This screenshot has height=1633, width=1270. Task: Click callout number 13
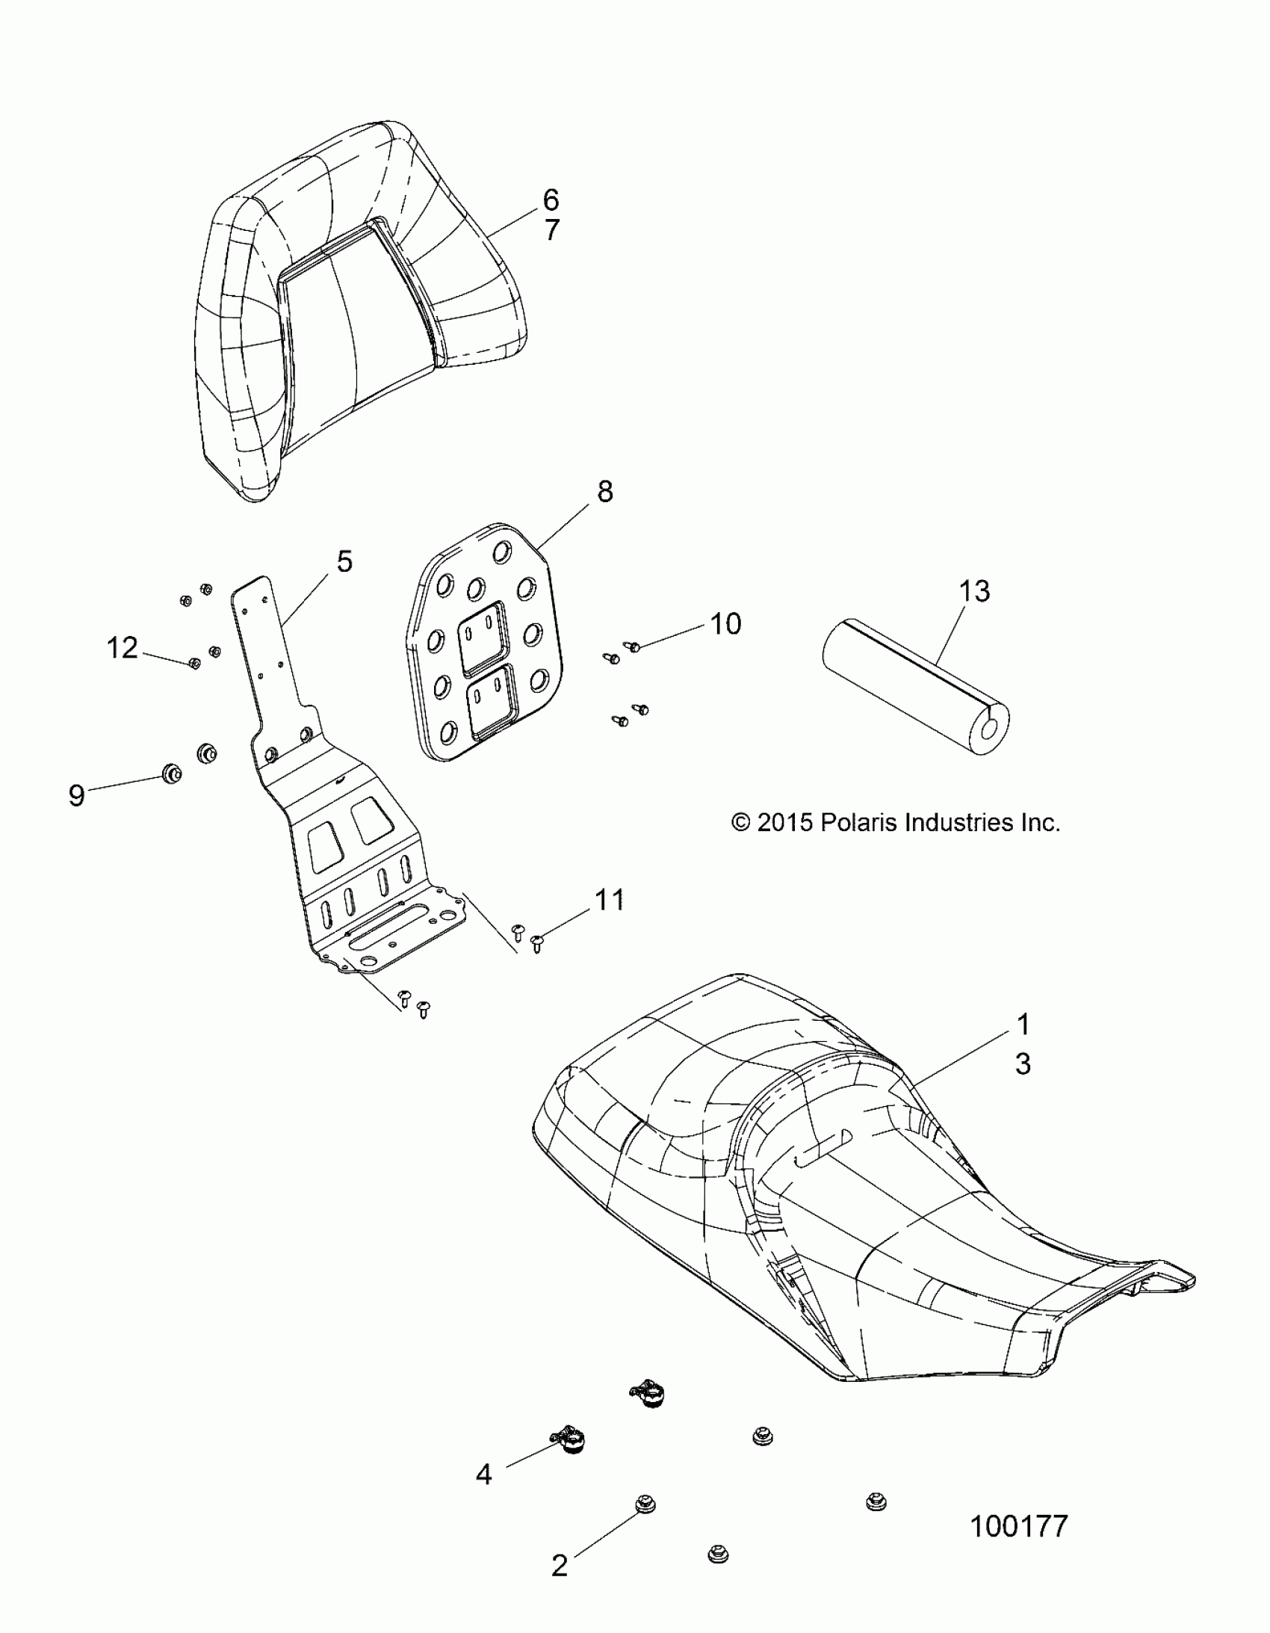pyautogui.click(x=974, y=590)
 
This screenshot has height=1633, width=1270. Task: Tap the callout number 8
pyautogui.click(x=604, y=491)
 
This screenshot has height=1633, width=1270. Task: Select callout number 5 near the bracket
pyautogui.click(x=344, y=561)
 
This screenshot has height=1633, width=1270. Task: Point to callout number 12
pyautogui.click(x=123, y=647)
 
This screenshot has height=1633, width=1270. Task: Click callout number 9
pyautogui.click(x=76, y=794)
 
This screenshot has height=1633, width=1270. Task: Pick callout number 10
pyautogui.click(x=725, y=623)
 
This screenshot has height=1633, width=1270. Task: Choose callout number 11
pyautogui.click(x=609, y=900)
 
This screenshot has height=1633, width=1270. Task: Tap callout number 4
pyautogui.click(x=483, y=1475)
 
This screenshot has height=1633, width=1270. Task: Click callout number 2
pyautogui.click(x=560, y=1565)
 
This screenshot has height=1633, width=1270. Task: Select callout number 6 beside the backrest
pyautogui.click(x=550, y=200)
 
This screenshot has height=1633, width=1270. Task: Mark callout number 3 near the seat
pyautogui.click(x=1023, y=1064)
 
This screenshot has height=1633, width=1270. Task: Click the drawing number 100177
pyautogui.click(x=1018, y=1526)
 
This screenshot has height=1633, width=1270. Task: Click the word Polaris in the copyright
pyautogui.click(x=859, y=823)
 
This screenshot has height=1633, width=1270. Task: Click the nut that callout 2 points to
pyautogui.click(x=644, y=1504)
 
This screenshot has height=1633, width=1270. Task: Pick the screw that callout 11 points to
pyautogui.click(x=537, y=942)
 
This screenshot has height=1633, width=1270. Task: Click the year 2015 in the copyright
pyautogui.click(x=784, y=823)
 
